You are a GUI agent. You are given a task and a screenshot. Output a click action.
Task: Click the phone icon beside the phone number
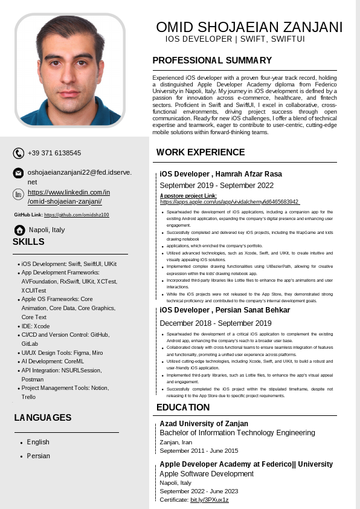(x=19, y=154)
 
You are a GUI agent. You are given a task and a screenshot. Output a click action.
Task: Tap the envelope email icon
(x=19, y=173)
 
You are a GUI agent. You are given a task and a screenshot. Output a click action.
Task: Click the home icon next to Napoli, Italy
(x=20, y=230)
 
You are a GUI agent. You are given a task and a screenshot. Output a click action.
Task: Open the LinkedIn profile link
(x=68, y=197)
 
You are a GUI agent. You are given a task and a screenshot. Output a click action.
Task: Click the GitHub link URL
(x=76, y=215)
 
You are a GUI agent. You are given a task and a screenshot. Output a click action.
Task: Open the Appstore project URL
(x=230, y=202)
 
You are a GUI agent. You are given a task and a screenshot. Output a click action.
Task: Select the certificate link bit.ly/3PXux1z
(x=209, y=500)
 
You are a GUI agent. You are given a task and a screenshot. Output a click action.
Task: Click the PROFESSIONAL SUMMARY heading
(x=212, y=60)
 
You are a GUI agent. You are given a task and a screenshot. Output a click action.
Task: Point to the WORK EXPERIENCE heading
(x=201, y=152)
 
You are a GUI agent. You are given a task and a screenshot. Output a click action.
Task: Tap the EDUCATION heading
(x=183, y=407)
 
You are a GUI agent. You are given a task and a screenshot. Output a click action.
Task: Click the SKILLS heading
(x=28, y=242)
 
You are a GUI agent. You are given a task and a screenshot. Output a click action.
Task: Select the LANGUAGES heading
(x=43, y=418)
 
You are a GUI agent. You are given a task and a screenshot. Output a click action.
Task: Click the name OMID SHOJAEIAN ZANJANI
(x=249, y=27)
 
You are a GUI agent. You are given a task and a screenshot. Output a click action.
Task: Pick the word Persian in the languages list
(x=39, y=456)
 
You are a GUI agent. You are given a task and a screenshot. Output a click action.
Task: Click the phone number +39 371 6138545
(x=54, y=153)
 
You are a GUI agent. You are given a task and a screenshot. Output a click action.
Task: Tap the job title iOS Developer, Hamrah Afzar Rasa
(x=220, y=174)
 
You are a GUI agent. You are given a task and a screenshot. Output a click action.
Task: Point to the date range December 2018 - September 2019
(x=216, y=323)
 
